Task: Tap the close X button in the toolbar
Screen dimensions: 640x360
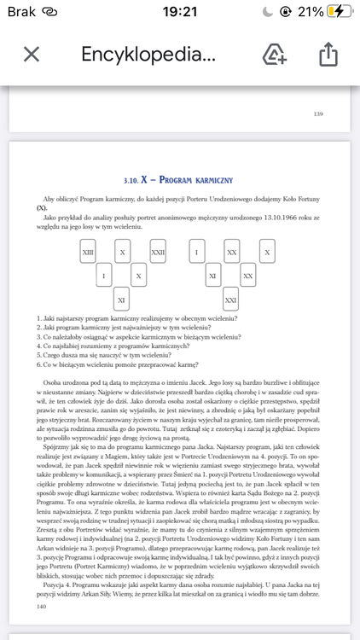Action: click(32, 55)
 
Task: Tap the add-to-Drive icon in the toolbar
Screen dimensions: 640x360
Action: click(274, 55)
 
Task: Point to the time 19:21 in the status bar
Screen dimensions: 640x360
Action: click(179, 11)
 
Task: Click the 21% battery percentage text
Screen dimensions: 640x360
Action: click(311, 11)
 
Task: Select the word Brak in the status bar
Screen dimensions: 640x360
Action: click(19, 11)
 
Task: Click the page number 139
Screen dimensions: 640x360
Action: click(318, 113)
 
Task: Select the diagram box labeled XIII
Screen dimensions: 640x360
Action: click(88, 253)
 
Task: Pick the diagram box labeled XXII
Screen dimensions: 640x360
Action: click(158, 253)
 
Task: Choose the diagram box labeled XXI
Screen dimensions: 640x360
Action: click(230, 300)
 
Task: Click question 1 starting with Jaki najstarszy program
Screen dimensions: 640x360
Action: click(136, 318)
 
